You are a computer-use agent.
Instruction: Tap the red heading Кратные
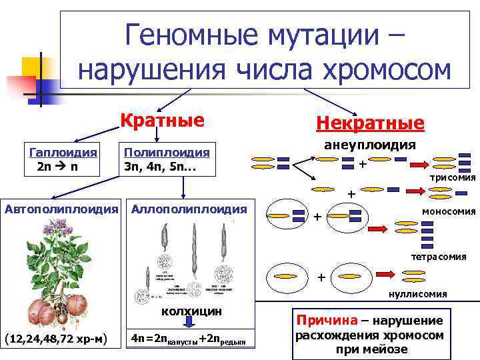coord(161,121)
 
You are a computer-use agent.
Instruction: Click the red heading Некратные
coord(370,124)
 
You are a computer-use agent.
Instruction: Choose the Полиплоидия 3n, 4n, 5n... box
coord(167,159)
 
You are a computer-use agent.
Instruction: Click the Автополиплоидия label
coord(61,209)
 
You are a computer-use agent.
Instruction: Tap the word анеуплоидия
coord(370,146)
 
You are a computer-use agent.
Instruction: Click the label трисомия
coord(452,178)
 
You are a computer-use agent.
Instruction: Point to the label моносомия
coord(448,211)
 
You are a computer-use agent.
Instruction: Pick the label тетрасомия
coord(438,256)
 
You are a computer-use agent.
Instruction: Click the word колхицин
coord(192,311)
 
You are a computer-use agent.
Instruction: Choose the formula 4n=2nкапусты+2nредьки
coord(193,340)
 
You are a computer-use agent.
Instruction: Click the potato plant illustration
coord(60,273)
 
